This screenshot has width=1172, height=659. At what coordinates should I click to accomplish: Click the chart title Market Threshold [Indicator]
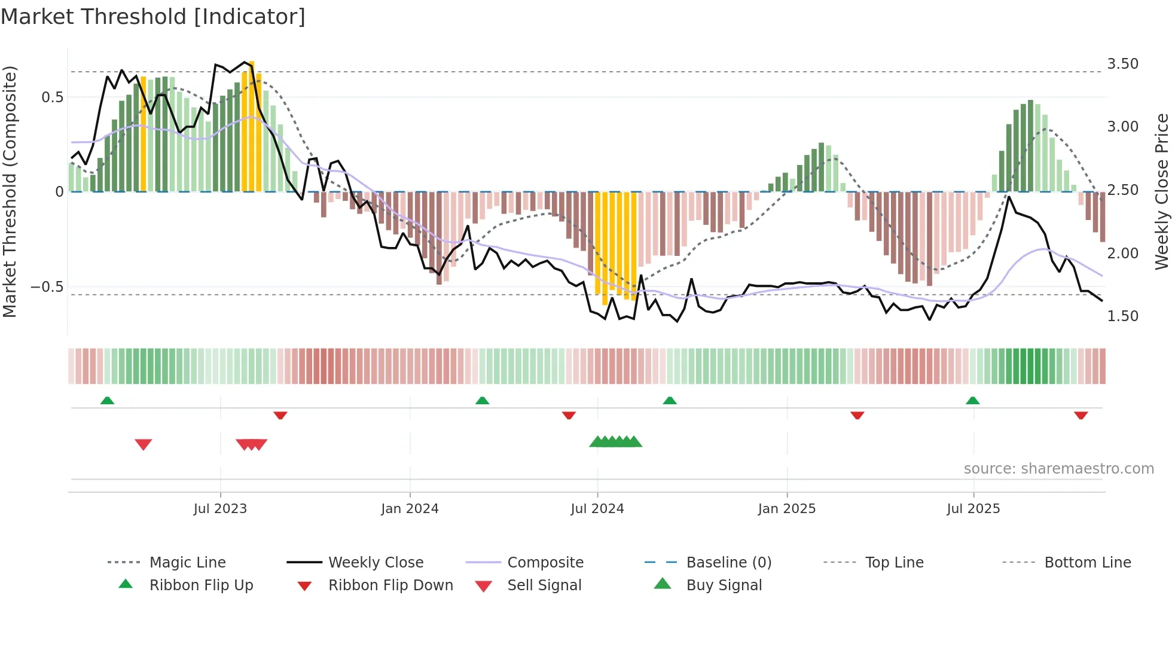[x=153, y=17]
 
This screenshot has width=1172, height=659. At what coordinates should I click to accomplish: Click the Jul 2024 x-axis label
[x=597, y=509]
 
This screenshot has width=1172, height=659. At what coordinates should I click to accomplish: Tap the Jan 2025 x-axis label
[x=786, y=509]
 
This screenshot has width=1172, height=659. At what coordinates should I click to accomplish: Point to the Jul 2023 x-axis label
[x=220, y=509]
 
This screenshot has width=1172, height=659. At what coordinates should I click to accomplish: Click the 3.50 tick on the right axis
[x=1122, y=64]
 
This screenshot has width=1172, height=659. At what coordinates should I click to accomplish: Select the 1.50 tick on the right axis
[x=1122, y=316]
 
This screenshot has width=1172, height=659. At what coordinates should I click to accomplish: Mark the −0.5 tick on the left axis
[x=47, y=287]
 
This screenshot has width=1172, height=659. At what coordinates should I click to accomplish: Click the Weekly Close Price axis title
[x=1161, y=191]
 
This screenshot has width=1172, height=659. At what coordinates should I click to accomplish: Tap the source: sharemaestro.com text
[x=1058, y=469]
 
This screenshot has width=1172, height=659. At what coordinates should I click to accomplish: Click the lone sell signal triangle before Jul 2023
[x=144, y=444]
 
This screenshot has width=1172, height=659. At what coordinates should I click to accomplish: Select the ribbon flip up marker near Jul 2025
[x=972, y=401]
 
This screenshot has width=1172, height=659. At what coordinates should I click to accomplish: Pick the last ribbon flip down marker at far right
[x=1081, y=415]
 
